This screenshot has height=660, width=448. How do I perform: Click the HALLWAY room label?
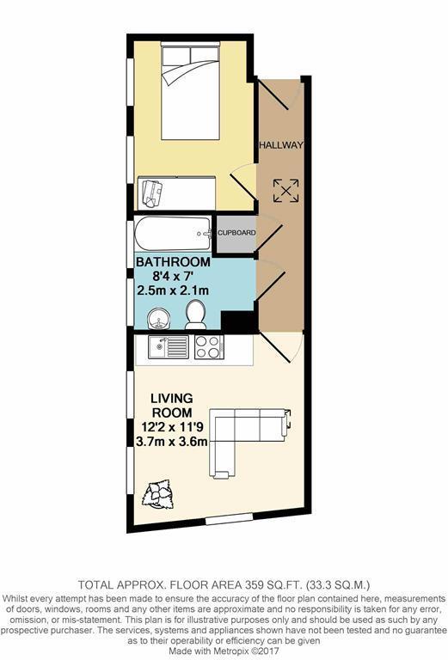(x=281, y=145)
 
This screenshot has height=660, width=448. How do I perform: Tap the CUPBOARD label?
(x=236, y=233)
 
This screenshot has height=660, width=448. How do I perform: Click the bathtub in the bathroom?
(x=172, y=232)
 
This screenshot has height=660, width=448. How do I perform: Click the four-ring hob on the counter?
(x=209, y=347)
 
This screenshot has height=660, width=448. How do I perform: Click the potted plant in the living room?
(x=160, y=492)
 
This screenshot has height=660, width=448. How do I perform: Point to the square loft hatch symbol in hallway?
(x=285, y=190)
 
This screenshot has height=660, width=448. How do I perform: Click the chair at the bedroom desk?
(x=152, y=192)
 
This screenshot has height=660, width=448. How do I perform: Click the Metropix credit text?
(x=224, y=652)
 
